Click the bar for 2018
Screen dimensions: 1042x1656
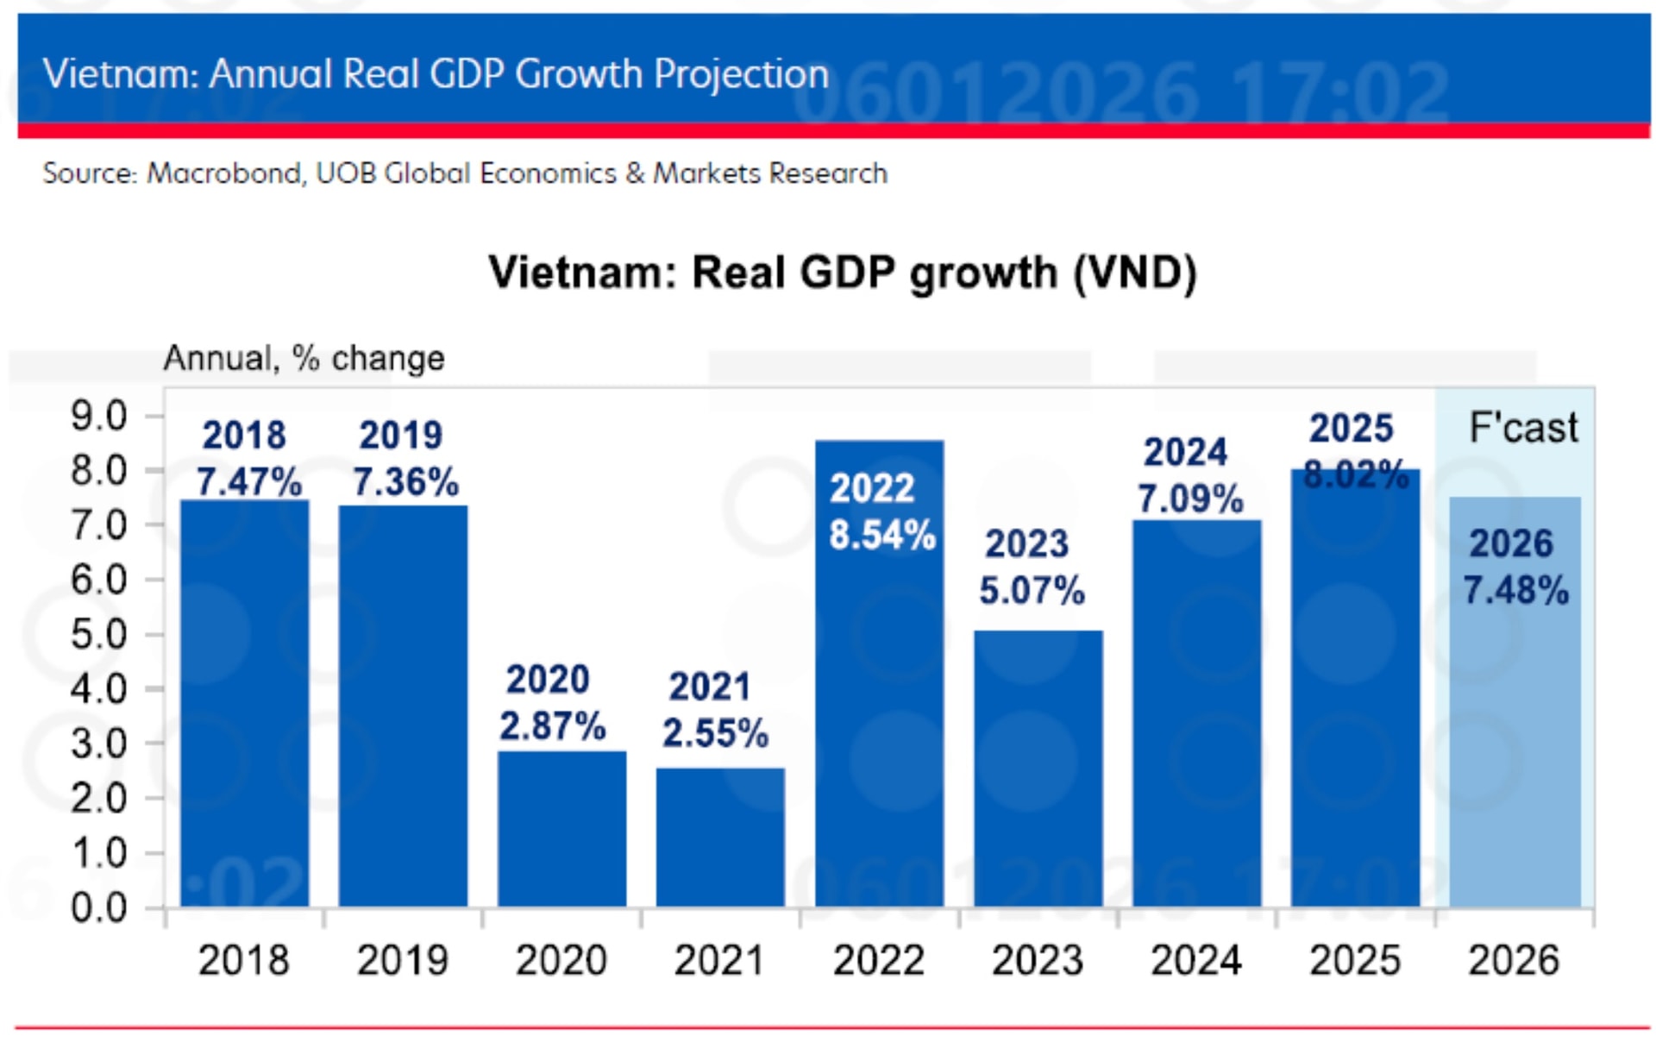(244, 703)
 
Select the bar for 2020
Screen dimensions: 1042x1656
(561, 828)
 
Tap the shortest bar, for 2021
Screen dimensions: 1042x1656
(720, 837)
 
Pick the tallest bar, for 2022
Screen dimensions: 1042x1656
(879, 690)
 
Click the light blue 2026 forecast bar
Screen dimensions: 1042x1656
(1515, 733)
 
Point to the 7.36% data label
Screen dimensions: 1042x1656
(405, 481)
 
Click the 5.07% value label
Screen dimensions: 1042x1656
(1032, 590)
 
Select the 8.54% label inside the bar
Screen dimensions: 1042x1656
(881, 535)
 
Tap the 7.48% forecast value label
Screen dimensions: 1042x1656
(1515, 590)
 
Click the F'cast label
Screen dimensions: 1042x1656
(1523, 427)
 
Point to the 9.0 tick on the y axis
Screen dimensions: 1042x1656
(98, 416)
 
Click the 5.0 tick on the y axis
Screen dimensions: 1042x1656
(98, 634)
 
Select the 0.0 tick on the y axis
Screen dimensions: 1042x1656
(98, 907)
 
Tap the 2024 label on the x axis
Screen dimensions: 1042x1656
(1195, 960)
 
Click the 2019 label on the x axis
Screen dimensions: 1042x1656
(403, 960)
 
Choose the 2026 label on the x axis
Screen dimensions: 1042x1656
(1514, 960)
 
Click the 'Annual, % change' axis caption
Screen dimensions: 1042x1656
(304, 357)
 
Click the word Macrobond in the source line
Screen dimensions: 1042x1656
(224, 173)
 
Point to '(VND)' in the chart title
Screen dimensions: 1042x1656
(1134, 273)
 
